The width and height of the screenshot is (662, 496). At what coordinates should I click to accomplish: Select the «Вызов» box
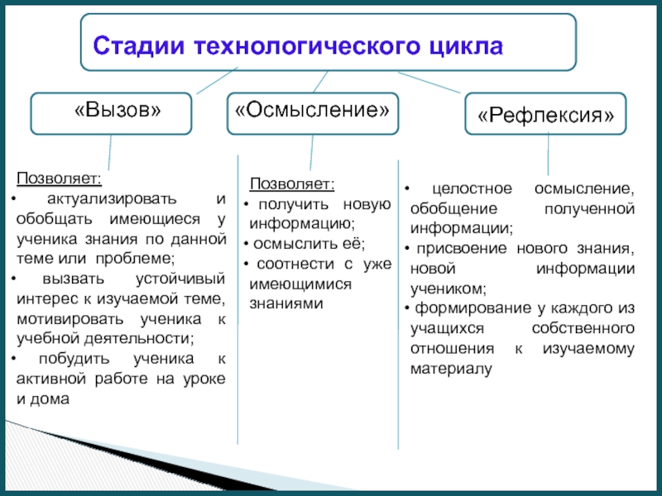112,112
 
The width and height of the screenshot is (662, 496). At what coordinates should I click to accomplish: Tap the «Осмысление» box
311,112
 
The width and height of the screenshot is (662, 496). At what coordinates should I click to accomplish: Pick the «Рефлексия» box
546,116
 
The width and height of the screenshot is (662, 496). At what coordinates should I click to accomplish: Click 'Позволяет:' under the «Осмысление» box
292,184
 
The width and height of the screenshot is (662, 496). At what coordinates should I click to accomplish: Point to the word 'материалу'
450,368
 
